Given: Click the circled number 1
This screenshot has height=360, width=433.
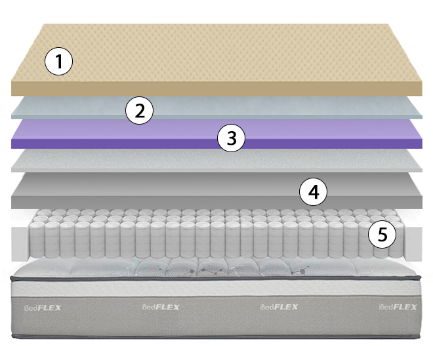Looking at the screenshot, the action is [58, 61].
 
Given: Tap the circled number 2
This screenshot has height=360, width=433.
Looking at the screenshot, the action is [140, 110].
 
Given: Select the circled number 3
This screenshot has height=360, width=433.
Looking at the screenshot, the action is [231, 138].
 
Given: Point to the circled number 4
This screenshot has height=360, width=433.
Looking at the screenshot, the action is [314, 191].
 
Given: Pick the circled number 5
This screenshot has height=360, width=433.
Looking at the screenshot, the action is [382, 234].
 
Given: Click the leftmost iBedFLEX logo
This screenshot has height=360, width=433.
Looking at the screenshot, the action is [43, 308].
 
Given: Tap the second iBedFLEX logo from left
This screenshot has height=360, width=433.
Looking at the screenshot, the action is [161, 307].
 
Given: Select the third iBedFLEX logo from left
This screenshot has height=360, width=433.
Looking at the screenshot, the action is [279, 307].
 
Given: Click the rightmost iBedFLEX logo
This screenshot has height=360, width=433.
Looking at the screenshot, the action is [398, 307].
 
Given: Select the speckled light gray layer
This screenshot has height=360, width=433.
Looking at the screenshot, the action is [216, 161].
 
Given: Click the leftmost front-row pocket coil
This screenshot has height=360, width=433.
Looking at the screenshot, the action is [37, 239].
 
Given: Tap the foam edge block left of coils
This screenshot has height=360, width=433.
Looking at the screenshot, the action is [20, 243].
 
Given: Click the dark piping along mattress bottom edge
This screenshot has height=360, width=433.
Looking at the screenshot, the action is [215, 336].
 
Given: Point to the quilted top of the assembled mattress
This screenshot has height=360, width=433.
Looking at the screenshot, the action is [215, 268].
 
